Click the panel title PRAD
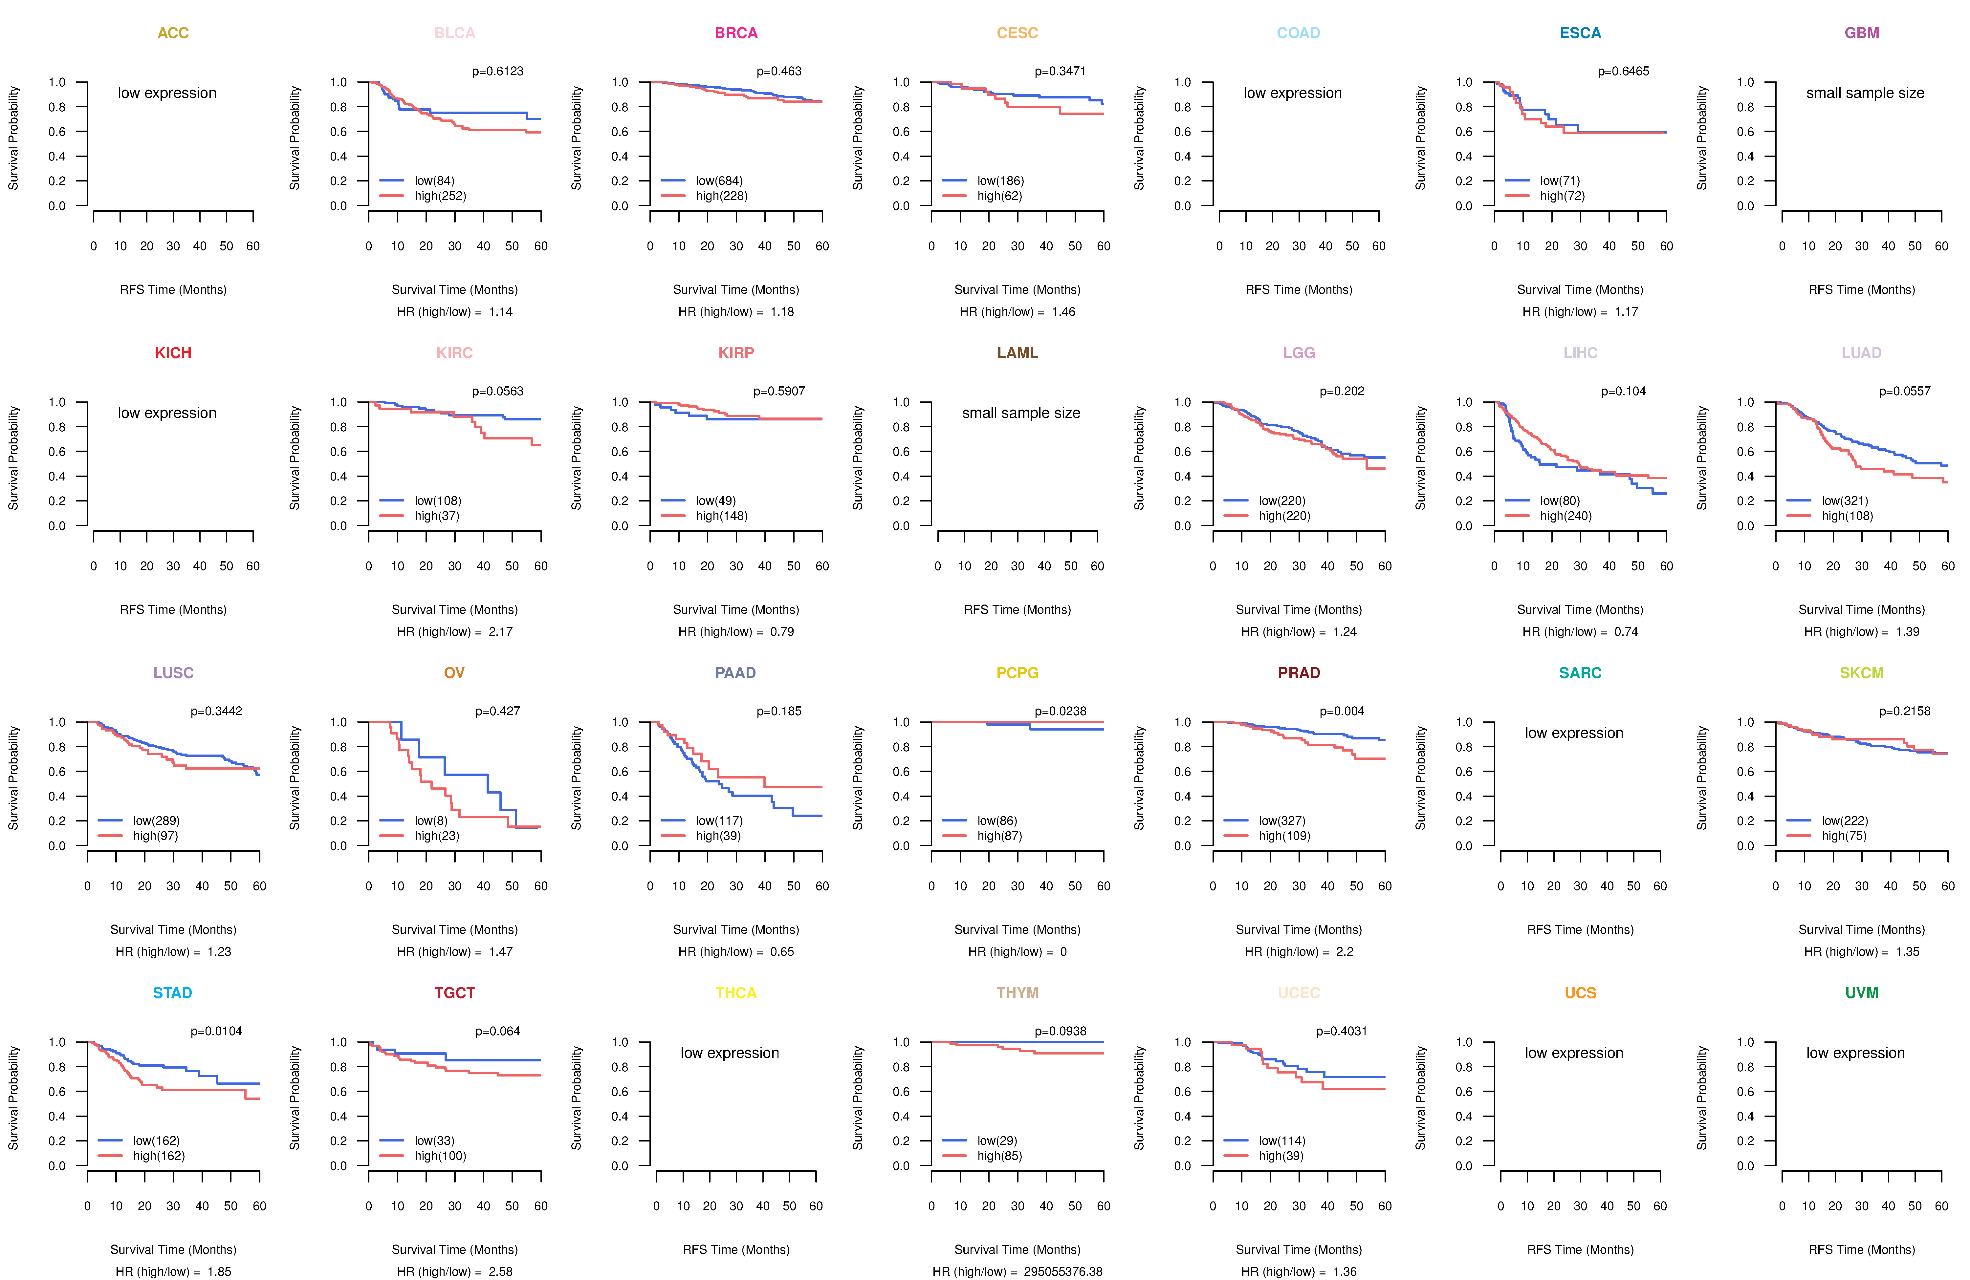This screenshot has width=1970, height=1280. click(1299, 673)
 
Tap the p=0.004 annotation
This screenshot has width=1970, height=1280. click(1342, 711)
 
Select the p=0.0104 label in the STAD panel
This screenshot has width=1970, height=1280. click(216, 1031)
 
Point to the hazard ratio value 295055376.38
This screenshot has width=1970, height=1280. click(1063, 1272)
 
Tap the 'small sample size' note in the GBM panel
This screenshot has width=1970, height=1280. click(1865, 93)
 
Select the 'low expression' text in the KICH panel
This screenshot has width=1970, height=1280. click(167, 413)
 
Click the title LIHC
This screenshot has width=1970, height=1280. click(1580, 352)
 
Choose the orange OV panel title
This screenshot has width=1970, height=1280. click(454, 673)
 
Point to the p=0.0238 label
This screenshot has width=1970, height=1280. click(1060, 711)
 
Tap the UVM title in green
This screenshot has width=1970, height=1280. click(1862, 993)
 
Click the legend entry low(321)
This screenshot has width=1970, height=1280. click(1845, 501)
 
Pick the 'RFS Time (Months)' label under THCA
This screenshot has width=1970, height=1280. click(736, 1249)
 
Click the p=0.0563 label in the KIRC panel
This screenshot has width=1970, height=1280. click(497, 391)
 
